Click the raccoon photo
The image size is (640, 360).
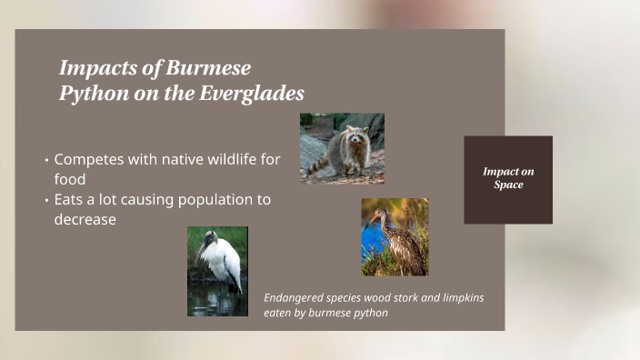tap(342, 148)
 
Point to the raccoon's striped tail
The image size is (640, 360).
tap(317, 165)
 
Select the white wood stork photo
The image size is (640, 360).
tap(217, 271)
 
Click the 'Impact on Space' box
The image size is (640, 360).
tap(508, 179)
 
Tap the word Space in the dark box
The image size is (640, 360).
tap(508, 185)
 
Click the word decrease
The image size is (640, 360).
tap(85, 219)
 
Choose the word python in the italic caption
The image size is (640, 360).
tap(367, 313)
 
